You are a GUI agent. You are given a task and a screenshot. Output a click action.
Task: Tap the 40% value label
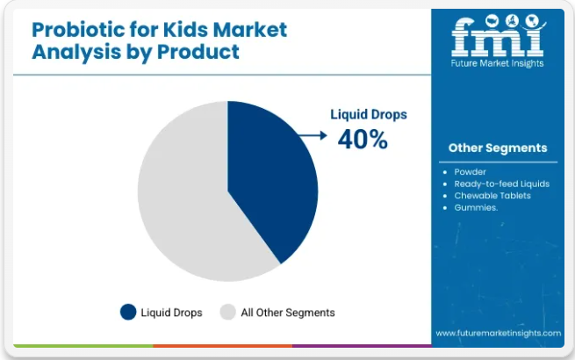363,140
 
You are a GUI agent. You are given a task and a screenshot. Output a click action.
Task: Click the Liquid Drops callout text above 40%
369,114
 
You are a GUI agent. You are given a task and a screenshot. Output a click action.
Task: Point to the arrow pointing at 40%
313,135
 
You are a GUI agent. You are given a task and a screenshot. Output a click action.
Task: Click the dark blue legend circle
128,313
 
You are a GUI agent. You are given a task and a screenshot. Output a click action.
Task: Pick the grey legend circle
227,313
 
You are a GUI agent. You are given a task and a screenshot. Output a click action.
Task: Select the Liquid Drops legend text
171,313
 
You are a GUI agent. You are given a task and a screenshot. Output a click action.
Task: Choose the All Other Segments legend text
288,313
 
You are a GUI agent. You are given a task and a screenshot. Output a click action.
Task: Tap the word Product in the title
198,52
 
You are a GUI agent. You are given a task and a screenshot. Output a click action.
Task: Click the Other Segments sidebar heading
498,148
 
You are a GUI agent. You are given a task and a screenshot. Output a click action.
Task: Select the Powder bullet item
471,172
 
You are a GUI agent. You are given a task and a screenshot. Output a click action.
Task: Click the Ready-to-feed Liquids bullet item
501,184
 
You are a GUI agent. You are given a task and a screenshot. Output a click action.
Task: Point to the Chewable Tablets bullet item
492,196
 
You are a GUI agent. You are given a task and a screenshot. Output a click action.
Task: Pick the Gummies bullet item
476,208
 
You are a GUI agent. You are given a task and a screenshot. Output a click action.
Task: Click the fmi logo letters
498,37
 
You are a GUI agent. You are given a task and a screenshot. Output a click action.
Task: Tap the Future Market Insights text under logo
497,63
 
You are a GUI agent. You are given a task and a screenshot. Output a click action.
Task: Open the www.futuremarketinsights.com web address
499,333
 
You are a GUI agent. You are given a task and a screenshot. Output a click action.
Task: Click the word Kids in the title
185,30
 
